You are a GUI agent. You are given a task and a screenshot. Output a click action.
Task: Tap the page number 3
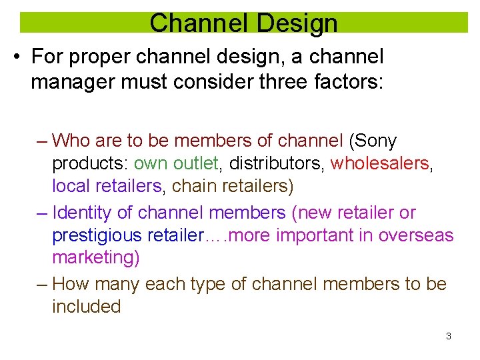tap(448, 336)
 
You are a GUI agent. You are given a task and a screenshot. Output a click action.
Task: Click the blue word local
tap(70, 186)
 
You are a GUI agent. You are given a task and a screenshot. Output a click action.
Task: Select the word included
tap(86, 307)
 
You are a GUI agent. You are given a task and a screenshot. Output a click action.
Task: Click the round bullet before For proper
tap(15, 57)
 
